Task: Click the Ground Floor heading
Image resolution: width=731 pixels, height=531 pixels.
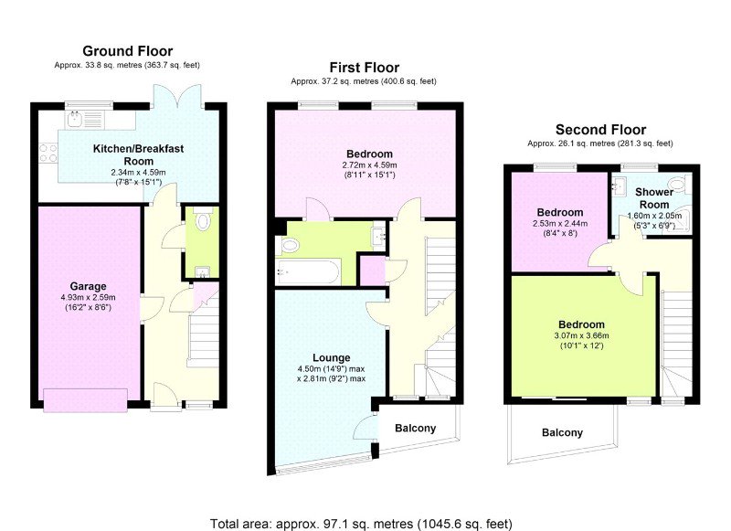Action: [x=128, y=51]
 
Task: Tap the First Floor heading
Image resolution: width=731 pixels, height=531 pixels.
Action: [x=364, y=68]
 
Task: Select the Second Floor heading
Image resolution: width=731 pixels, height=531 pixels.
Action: [x=600, y=130]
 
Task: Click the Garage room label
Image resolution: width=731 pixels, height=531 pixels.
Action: [x=88, y=286]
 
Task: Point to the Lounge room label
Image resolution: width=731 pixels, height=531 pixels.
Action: [x=332, y=357]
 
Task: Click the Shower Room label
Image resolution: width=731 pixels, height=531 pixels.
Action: [x=654, y=198]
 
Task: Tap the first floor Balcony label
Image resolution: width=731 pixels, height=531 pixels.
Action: [x=416, y=428]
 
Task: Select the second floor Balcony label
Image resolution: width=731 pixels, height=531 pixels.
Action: [x=562, y=432]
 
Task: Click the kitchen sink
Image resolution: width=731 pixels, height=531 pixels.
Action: [x=75, y=119]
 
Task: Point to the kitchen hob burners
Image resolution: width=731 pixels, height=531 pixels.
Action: [x=48, y=153]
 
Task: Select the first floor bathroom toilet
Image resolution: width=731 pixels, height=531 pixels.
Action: [x=288, y=245]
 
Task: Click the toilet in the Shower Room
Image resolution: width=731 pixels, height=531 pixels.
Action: [x=678, y=184]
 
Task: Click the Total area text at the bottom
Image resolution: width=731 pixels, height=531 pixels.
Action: [x=361, y=524]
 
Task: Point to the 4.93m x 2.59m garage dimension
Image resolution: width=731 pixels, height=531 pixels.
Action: [x=88, y=297]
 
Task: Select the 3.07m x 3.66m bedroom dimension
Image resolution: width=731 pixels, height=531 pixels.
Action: [x=581, y=335]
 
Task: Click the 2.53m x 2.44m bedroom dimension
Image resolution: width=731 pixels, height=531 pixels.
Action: [x=560, y=223]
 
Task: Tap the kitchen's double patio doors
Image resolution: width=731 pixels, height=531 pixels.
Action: [x=177, y=97]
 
